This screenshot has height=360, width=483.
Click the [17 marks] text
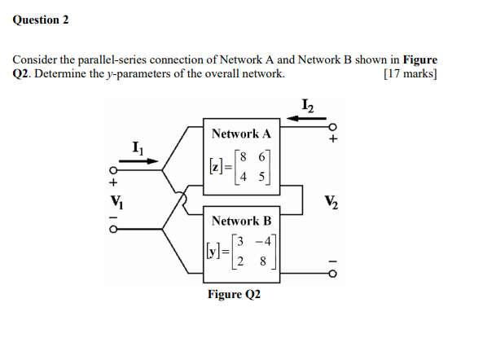click(x=409, y=74)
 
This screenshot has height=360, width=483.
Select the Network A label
click(x=240, y=134)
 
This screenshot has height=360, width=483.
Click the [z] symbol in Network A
click(x=215, y=167)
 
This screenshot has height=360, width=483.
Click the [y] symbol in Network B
click(x=213, y=252)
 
